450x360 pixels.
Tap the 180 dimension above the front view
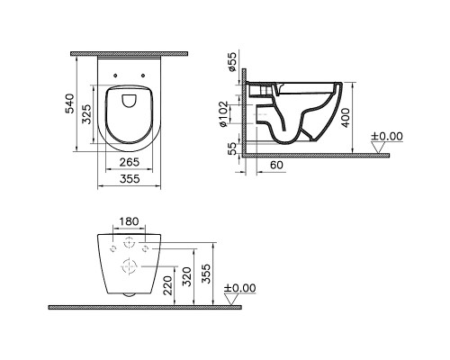pos(130,221)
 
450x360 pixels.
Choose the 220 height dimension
pos(166,285)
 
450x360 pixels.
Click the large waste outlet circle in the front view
pos(130,265)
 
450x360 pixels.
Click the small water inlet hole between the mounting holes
pos(130,243)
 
